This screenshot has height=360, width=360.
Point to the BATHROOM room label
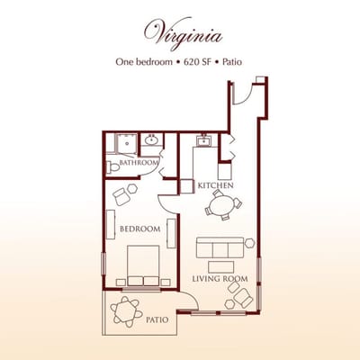[139, 162]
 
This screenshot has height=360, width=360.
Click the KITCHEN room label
[215, 185]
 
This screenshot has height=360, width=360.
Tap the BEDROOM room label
[139, 229]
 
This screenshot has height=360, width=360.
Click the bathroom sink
[151, 140]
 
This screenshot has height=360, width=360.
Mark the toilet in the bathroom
[113, 166]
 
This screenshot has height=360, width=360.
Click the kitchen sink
[204, 140]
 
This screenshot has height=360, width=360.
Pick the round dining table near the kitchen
[222, 206]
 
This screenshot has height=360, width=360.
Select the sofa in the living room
[220, 247]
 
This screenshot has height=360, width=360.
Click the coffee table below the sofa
[220, 266]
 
